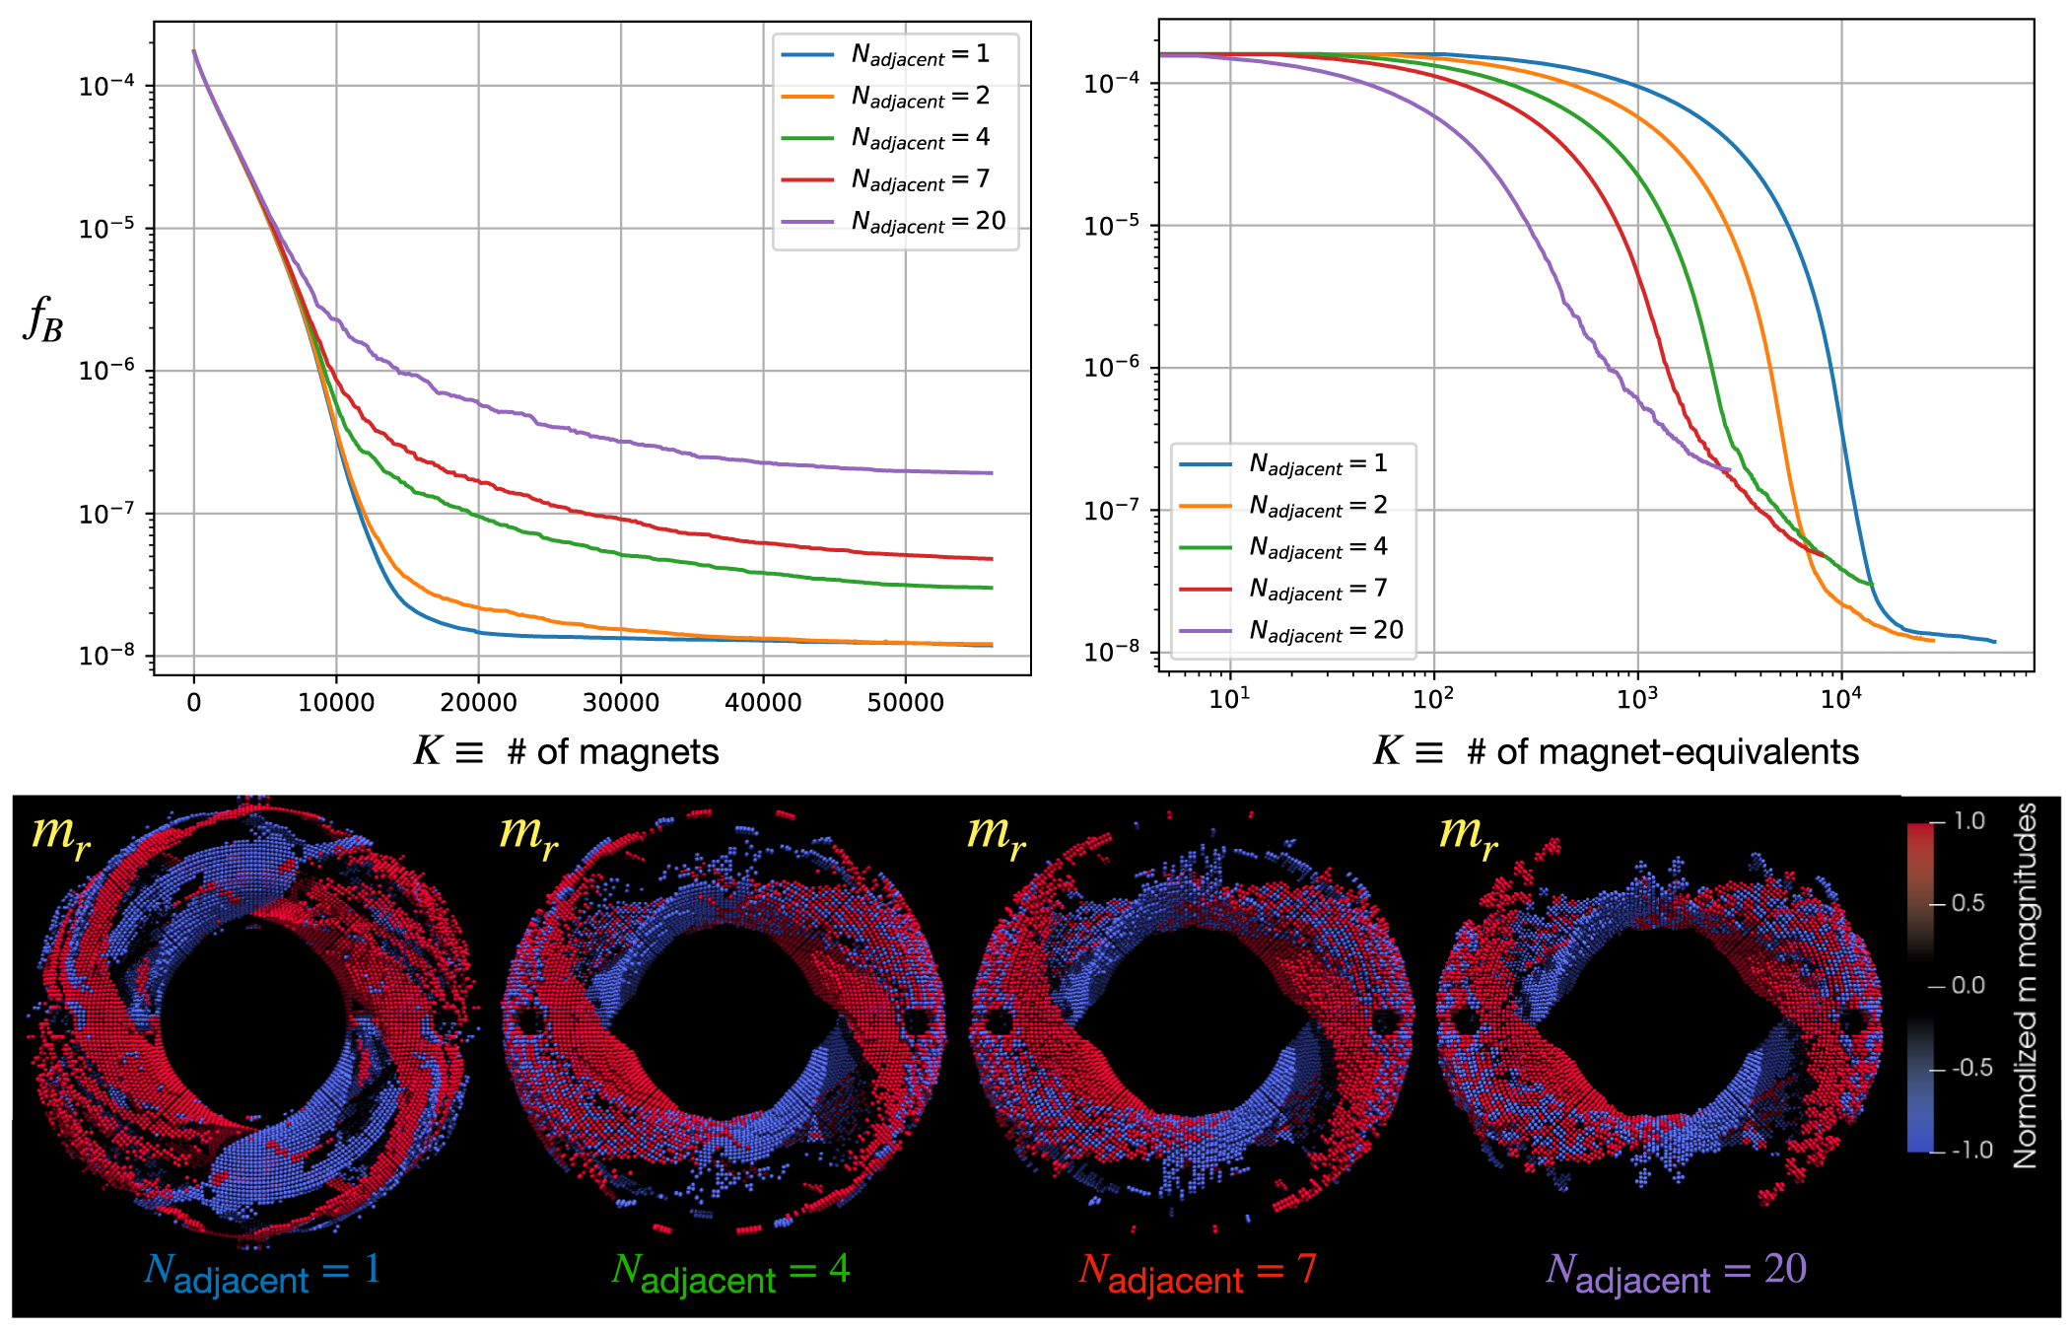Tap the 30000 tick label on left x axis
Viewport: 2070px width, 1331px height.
[620, 702]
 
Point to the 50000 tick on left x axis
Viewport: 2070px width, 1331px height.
[905, 702]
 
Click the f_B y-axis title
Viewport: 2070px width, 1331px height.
[43, 319]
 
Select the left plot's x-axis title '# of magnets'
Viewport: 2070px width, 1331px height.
[566, 752]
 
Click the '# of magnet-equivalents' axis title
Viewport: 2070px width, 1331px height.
[1616, 752]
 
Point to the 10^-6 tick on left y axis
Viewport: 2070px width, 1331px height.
[107, 371]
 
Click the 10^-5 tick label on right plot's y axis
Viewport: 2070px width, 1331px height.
[1112, 226]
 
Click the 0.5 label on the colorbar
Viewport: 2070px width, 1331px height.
[1967, 903]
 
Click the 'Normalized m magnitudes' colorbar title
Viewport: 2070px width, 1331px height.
[2026, 986]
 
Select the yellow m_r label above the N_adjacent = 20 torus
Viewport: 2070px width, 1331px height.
[1468, 833]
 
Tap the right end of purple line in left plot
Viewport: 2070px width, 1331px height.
[992, 473]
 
